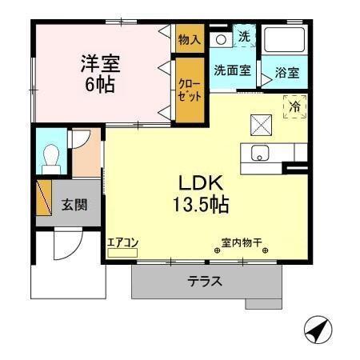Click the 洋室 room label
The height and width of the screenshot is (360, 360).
99,62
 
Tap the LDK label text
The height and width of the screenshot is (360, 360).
199,181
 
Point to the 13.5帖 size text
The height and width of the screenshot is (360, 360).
200,204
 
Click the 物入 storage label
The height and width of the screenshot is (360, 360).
190,39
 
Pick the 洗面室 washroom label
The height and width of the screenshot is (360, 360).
232,70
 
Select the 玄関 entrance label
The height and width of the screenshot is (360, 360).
74,203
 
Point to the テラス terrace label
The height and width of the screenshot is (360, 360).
205,282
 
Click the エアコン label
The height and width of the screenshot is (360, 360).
123,242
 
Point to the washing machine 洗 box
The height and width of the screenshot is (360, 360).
243,36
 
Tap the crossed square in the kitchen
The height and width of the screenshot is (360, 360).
262,124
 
